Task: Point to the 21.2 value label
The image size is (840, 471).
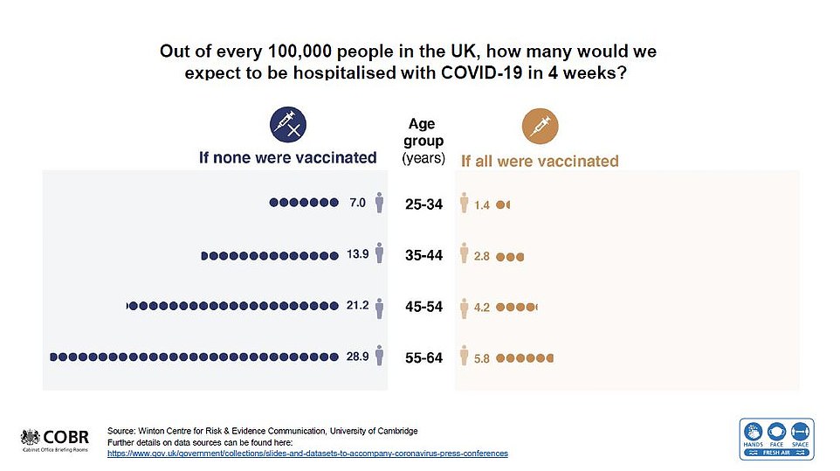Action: pos(358,306)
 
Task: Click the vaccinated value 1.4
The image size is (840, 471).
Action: pos(482,205)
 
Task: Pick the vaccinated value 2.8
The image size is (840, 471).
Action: pos(482,257)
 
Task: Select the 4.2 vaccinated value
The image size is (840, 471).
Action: pos(482,308)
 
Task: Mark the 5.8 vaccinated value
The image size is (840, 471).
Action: pos(482,358)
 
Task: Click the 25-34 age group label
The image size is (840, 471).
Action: pos(424,205)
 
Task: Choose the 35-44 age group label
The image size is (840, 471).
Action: pos(424,256)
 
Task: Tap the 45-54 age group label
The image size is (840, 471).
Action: pos(424,307)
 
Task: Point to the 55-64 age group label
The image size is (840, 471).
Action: pos(424,358)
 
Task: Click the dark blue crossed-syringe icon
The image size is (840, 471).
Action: pos(289,125)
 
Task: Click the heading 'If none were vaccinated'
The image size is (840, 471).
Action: pos(288,158)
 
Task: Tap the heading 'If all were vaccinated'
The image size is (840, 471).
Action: pos(540,161)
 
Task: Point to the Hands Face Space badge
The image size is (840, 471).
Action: pos(777,438)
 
